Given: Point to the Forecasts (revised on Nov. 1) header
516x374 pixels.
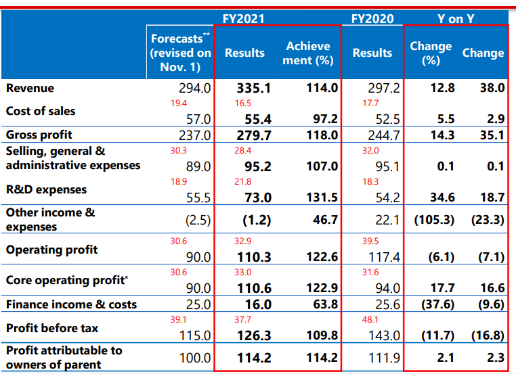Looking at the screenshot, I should point(181,53).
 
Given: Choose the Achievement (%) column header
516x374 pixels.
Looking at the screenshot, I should point(308,53).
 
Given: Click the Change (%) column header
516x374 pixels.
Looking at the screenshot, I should point(431,53).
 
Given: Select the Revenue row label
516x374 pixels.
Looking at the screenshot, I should point(30,88).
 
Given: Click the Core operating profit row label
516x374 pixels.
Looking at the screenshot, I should point(57,280).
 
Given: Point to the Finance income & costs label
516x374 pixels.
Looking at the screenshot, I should point(71,304).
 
